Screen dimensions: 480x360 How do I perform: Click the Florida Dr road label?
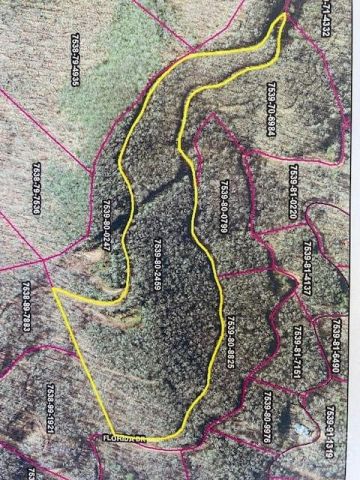point(125,438)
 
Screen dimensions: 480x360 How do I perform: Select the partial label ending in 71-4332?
point(327,20)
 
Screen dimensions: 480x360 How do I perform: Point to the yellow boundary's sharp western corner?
point(52,291)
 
